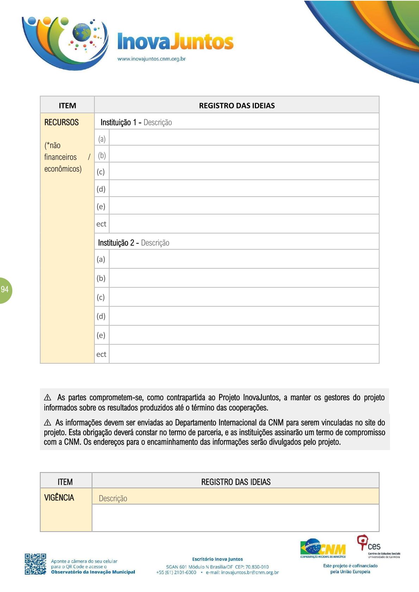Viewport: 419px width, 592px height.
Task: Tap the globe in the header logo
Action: (x=81, y=32)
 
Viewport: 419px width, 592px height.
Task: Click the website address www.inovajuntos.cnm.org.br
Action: (x=151, y=59)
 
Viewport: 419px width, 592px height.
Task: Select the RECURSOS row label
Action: (x=62, y=122)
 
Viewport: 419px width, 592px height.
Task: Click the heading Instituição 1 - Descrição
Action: (x=136, y=122)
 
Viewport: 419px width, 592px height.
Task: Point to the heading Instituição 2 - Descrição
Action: (x=133, y=243)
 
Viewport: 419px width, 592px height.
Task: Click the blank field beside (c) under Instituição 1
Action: (x=244, y=172)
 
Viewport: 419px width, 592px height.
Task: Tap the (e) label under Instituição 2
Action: (x=101, y=335)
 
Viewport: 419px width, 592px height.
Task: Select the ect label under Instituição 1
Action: (x=101, y=224)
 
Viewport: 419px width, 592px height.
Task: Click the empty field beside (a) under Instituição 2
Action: (x=244, y=259)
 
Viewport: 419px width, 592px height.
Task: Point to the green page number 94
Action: (x=5, y=289)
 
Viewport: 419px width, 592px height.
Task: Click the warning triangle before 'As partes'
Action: (x=48, y=398)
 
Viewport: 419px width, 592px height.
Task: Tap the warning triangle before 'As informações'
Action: (x=48, y=423)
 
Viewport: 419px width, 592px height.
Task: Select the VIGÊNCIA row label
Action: (x=59, y=498)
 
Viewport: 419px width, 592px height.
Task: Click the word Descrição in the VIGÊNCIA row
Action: (x=113, y=498)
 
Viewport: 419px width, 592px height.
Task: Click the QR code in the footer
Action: (x=35, y=564)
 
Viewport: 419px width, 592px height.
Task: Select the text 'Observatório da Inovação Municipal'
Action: (x=93, y=572)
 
